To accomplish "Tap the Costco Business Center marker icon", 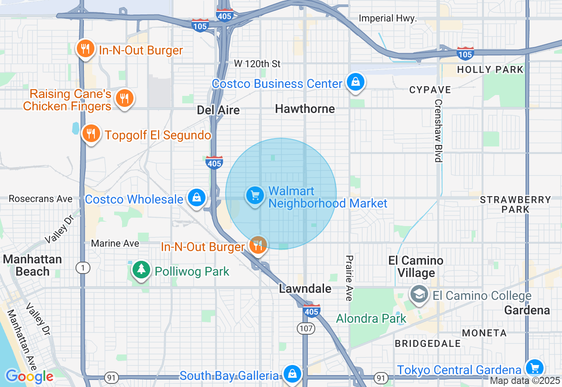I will pos(355,82).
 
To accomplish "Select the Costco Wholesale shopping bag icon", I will pos(197,198).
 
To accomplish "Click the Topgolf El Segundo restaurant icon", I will pos(91,134).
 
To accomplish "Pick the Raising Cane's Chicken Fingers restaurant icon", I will pos(125,99).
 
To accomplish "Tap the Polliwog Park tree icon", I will pos(141,270).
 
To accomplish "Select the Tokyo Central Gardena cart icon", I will pos(534,368).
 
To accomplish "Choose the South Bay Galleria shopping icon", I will pos(292,374).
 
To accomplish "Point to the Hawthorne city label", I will pos(305,109).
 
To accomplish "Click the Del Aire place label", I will pos(218,110).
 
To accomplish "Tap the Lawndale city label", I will pos(305,289).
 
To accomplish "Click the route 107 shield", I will pos(306,328).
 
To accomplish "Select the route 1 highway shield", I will pos(82,267).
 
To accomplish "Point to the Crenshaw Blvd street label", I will pos(438,130).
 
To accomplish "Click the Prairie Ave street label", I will pos(349,278).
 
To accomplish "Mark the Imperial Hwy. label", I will pos(387,18).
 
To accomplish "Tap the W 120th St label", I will pos(257,64).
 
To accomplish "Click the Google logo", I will pos(29,376).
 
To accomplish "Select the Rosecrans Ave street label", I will pos(40,199).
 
